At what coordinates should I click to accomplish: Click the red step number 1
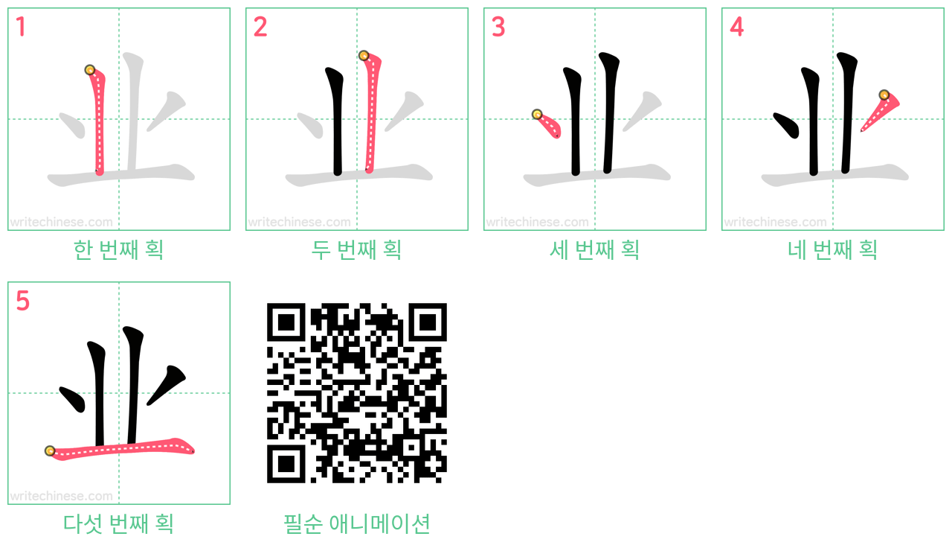click(x=21, y=27)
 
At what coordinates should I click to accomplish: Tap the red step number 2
click(x=260, y=27)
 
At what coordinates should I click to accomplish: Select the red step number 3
click(x=498, y=27)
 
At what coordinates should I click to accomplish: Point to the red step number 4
click(x=736, y=27)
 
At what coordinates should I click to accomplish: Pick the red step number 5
click(x=22, y=301)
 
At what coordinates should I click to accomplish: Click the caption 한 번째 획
click(x=118, y=249)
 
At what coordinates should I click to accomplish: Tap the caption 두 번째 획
click(x=356, y=249)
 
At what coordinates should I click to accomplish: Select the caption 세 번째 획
click(x=594, y=249)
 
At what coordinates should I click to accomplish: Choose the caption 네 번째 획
click(x=832, y=249)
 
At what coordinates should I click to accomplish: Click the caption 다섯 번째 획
click(x=118, y=523)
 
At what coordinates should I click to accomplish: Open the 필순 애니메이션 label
click(x=356, y=523)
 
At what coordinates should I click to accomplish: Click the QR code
click(x=356, y=392)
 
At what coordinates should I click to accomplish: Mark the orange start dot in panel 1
click(x=90, y=70)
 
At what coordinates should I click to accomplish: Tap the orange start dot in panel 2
click(x=364, y=55)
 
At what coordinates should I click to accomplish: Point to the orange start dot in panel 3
click(x=537, y=114)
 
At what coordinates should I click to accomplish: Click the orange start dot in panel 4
click(x=884, y=95)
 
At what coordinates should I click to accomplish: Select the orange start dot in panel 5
click(x=50, y=450)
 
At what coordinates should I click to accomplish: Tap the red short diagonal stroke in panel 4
click(x=879, y=112)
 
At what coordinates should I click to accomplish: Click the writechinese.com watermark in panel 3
click(x=537, y=222)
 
